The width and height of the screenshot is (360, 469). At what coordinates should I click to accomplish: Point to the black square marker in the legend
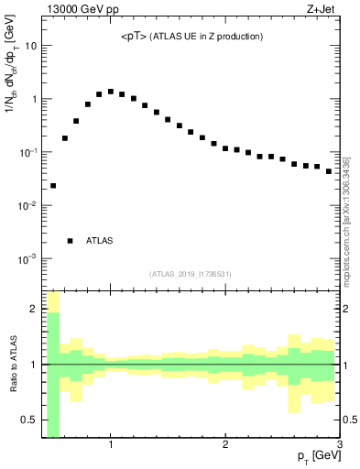(x=71, y=241)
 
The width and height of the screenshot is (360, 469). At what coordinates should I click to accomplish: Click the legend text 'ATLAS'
(x=99, y=241)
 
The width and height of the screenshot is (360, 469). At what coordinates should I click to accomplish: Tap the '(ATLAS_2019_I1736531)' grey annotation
(x=190, y=273)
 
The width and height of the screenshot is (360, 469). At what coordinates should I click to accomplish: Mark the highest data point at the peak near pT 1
(x=111, y=92)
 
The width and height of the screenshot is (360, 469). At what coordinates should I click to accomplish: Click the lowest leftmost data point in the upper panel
(x=53, y=186)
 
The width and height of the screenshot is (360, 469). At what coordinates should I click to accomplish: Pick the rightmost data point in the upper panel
(x=329, y=171)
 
